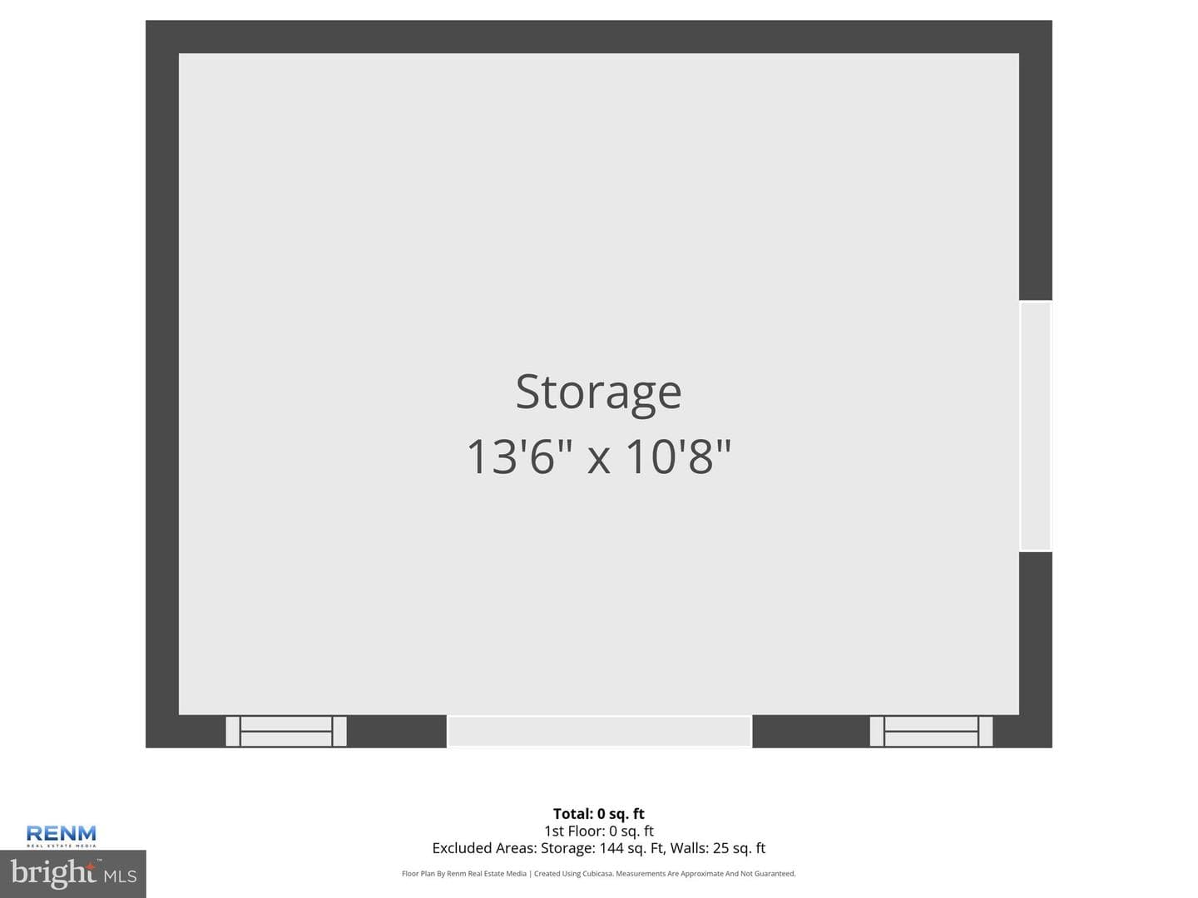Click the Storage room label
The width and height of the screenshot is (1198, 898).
point(598,393)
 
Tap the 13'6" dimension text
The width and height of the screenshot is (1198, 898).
point(520,457)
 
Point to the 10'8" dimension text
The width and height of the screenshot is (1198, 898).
point(678,457)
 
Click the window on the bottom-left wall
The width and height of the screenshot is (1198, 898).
point(286,731)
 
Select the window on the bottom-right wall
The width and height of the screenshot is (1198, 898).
point(931,731)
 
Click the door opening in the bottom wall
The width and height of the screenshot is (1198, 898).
point(599,731)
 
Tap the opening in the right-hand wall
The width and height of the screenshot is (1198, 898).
point(1036,426)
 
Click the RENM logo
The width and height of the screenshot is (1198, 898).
point(61,836)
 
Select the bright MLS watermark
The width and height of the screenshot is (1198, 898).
point(73,874)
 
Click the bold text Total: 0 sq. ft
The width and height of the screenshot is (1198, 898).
point(599,813)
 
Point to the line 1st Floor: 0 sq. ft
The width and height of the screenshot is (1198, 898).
point(599,831)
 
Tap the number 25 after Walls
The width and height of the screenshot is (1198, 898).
point(720,848)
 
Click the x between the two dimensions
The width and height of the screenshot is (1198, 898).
point(599,460)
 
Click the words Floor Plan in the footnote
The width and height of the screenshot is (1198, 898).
point(418,873)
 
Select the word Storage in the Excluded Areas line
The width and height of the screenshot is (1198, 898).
point(567,848)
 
